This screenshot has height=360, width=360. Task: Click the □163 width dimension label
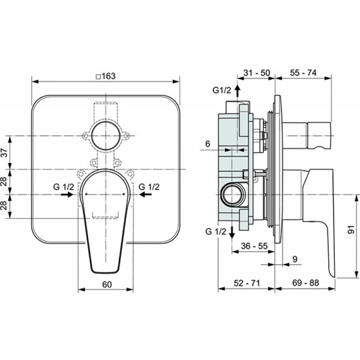[106, 76]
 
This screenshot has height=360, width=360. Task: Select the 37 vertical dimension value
[4, 153]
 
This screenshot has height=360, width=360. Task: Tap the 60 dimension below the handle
[107, 284]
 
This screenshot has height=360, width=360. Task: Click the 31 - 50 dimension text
[256, 73]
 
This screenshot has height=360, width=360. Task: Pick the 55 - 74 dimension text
[303, 73]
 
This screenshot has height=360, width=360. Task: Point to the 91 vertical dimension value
[351, 229]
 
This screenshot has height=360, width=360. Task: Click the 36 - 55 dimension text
[254, 246]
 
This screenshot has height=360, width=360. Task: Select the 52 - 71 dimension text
[247, 283]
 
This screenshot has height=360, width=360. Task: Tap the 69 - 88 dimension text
[306, 283]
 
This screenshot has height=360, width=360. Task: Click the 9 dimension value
[295, 259]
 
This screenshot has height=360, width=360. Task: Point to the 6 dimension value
[207, 144]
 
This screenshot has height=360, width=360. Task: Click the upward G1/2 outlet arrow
[238, 90]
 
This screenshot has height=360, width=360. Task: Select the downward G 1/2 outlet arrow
[232, 233]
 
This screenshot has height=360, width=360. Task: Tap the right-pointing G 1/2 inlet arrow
[67, 195]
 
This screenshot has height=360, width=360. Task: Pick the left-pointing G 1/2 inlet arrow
[145, 195]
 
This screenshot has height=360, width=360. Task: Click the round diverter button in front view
[106, 136]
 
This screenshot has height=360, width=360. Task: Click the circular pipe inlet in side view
[233, 195]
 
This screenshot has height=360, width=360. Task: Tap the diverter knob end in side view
[319, 135]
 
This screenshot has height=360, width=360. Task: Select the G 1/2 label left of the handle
[63, 187]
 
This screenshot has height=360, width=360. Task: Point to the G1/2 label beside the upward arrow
[222, 90]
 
